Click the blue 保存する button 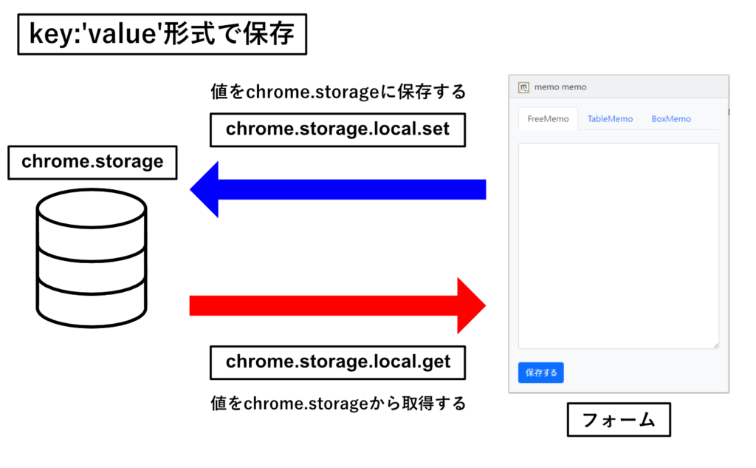(540, 373)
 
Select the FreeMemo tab (548, 119)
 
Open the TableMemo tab (610, 119)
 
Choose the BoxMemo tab (670, 119)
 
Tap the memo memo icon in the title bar (523, 87)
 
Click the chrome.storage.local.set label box (337, 129)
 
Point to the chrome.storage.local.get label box (337, 362)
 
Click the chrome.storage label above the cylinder (92, 162)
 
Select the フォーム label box (619, 420)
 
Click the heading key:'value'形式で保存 (162, 34)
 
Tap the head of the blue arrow (205, 189)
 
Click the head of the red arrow (472, 306)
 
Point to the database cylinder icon (92, 258)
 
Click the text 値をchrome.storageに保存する (338, 91)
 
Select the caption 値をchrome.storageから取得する (338, 403)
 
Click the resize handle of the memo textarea (716, 345)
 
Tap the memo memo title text (560, 87)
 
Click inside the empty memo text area (619, 246)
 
